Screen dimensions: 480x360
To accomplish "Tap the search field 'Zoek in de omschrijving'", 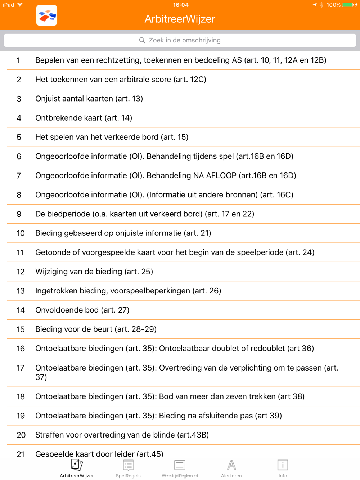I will click(x=180, y=40).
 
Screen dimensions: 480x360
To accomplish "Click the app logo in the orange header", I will click(x=47, y=15).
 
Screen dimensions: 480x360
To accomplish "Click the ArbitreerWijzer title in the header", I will click(x=180, y=19).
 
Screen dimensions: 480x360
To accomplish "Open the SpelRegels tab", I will click(x=128, y=468).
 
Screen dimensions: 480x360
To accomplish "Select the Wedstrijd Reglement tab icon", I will click(x=180, y=465).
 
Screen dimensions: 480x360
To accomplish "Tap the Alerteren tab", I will click(x=231, y=468).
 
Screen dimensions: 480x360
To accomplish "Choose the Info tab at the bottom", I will click(x=283, y=468).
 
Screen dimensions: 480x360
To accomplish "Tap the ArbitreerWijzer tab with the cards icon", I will click(x=77, y=468).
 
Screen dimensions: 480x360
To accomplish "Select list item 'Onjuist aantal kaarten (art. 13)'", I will click(x=89, y=99).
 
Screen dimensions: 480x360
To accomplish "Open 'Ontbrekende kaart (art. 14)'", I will click(x=84, y=118).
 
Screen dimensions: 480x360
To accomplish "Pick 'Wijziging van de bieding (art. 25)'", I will click(x=94, y=272).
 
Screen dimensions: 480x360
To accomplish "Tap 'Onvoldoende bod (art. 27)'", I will click(x=82, y=310).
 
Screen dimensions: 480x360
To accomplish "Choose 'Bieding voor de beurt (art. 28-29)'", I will click(x=96, y=329).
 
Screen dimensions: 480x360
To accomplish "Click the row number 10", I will click(x=21, y=233).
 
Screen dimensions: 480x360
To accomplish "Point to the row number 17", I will click(x=21, y=368).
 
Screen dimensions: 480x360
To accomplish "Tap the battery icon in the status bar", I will click(x=347, y=5).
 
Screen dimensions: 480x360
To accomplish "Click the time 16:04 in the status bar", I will click(x=180, y=5).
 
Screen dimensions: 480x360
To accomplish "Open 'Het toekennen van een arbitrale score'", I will click(x=121, y=80).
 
